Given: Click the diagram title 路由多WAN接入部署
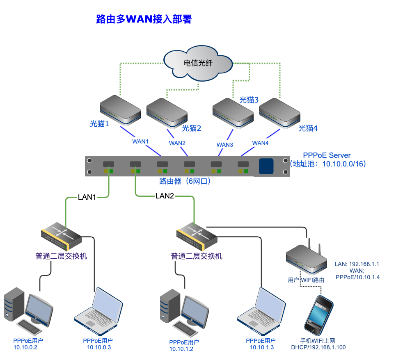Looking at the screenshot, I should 144,19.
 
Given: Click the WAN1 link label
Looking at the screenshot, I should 140,141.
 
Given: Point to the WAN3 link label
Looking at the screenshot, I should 225,144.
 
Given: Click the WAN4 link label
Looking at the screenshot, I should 260,143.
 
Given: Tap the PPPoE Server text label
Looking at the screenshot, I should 327,155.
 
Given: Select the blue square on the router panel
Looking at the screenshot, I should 266,166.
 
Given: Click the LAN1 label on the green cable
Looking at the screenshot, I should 87,197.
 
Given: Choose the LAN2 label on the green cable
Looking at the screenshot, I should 165,196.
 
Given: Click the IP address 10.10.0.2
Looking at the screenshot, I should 25,348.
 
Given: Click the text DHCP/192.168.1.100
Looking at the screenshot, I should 318,348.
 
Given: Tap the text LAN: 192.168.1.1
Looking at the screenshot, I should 357,264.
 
